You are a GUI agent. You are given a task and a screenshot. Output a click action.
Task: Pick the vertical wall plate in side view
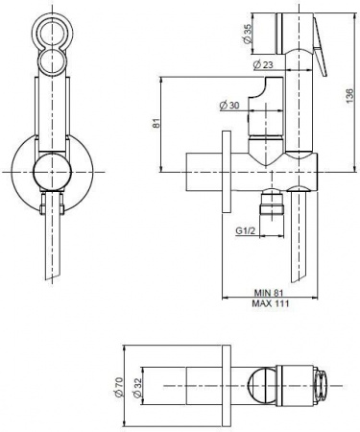pyautogui.click(x=225, y=173)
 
